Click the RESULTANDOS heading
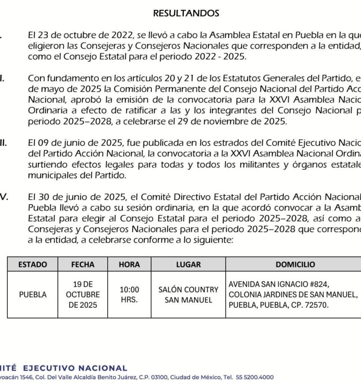[186, 13]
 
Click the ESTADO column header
[33, 264]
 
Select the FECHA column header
[83, 264]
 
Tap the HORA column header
[129, 264]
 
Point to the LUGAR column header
[188, 264]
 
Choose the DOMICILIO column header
[295, 264]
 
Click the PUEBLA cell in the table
[33, 295]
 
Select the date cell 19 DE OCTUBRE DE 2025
[83, 295]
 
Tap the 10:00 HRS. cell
[129, 295]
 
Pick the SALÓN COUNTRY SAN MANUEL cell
[188, 295]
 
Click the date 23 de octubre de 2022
[74, 36]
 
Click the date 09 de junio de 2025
[76, 143]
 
